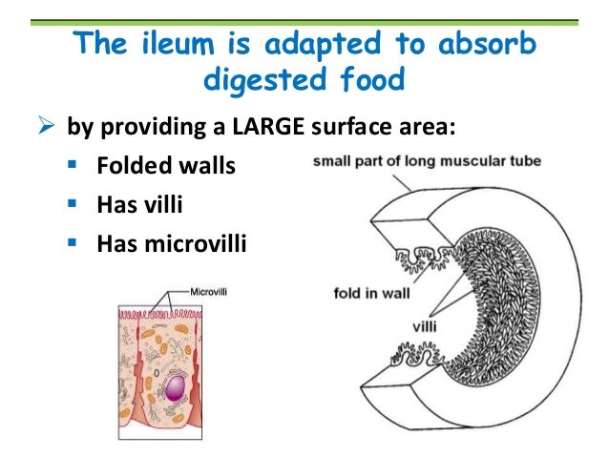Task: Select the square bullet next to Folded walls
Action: pyautogui.click(x=75, y=168)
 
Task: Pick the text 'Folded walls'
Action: pyautogui.click(x=165, y=168)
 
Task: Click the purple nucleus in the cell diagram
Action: pyautogui.click(x=177, y=388)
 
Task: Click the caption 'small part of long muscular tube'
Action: pyautogui.click(x=427, y=162)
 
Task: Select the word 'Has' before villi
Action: pyautogui.click(x=117, y=207)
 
